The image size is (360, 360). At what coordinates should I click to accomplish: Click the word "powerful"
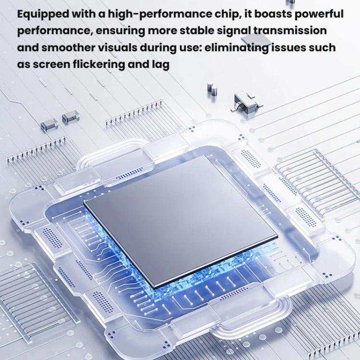pyautogui.click(x=319, y=14)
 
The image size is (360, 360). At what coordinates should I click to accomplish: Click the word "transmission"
pyautogui.click(x=290, y=31)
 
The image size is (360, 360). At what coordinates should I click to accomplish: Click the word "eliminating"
pyautogui.click(x=236, y=48)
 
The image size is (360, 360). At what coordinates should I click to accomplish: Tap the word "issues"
pyautogui.click(x=288, y=48)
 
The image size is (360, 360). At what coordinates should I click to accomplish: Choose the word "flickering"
pyautogui.click(x=99, y=65)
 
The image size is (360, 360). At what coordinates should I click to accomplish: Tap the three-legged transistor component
pyautogui.click(x=246, y=102)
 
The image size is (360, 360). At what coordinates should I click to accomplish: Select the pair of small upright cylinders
pyautogui.click(x=212, y=89)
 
